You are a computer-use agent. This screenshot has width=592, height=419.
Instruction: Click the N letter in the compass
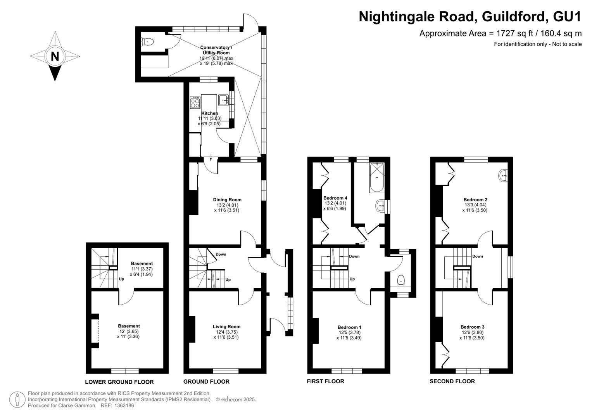click(x=55, y=56)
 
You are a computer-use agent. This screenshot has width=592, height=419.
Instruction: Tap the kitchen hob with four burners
click(x=195, y=102)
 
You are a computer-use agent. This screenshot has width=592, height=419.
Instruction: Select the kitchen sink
click(x=223, y=100)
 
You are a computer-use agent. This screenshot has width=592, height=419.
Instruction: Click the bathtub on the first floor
click(x=377, y=178)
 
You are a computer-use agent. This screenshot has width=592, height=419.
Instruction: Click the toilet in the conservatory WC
click(x=148, y=42)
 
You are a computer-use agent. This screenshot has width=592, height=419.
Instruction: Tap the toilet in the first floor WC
click(x=401, y=280)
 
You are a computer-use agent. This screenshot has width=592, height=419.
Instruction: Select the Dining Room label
click(x=227, y=200)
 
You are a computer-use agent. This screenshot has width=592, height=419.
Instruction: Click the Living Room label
click(x=226, y=327)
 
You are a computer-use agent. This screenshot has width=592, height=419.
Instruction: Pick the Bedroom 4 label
click(x=335, y=198)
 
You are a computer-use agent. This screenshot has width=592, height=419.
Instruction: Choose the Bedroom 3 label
click(x=472, y=327)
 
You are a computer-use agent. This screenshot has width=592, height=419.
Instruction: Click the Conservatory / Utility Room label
click(x=216, y=50)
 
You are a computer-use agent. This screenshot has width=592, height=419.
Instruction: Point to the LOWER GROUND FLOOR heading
click(x=119, y=382)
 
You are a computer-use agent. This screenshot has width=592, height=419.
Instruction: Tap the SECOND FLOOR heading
click(x=452, y=381)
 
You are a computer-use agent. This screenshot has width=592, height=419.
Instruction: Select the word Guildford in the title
click(x=513, y=17)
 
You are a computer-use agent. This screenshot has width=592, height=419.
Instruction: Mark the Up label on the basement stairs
click(x=121, y=279)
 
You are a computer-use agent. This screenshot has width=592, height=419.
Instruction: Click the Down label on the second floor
click(x=478, y=256)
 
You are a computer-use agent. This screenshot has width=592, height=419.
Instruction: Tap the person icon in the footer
click(x=17, y=400)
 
